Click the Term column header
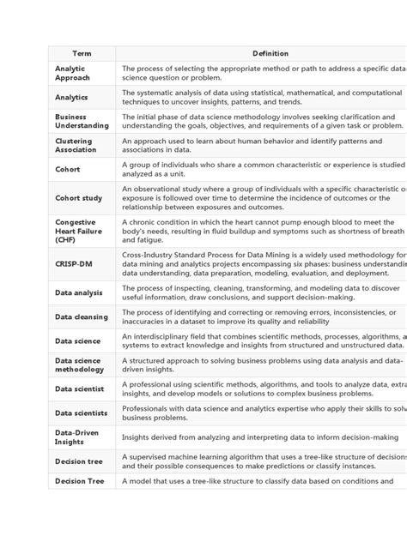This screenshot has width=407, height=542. pyautogui.click(x=82, y=53)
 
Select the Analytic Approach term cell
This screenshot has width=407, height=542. pyautogui.click(x=72, y=73)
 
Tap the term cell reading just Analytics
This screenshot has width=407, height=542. pyautogui.click(x=72, y=98)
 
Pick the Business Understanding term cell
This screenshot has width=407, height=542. pyautogui.click(x=82, y=121)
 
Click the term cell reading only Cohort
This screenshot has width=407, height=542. pyautogui.click(x=68, y=170)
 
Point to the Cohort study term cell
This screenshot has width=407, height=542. pyautogui.click(x=78, y=198)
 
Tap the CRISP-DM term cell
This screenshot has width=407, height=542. pyautogui.click(x=74, y=264)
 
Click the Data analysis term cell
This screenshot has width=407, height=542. pyautogui.click(x=79, y=292)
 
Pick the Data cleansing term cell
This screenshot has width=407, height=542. pyautogui.click(x=82, y=317)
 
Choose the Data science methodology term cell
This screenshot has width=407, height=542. pyautogui.click(x=80, y=364)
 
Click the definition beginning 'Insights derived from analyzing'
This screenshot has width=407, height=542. pyautogui.click(x=258, y=437)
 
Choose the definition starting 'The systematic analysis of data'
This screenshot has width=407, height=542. pyautogui.click(x=258, y=98)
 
